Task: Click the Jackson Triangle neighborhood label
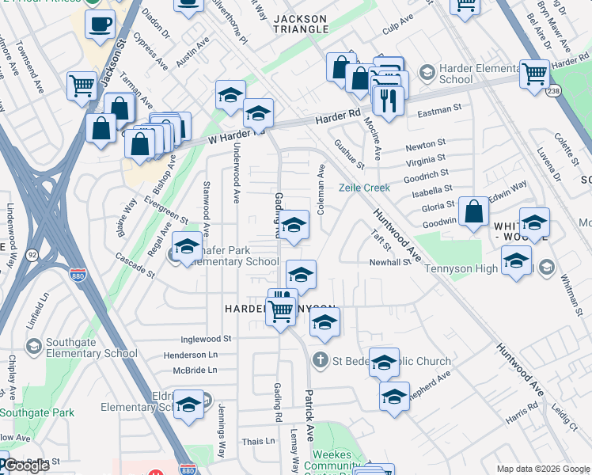point(301,23)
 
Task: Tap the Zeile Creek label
point(365,188)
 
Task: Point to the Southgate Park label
point(37,412)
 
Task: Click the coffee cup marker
point(100,24)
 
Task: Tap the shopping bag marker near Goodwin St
point(473,212)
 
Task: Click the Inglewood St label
point(206,338)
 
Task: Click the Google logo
point(27,466)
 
